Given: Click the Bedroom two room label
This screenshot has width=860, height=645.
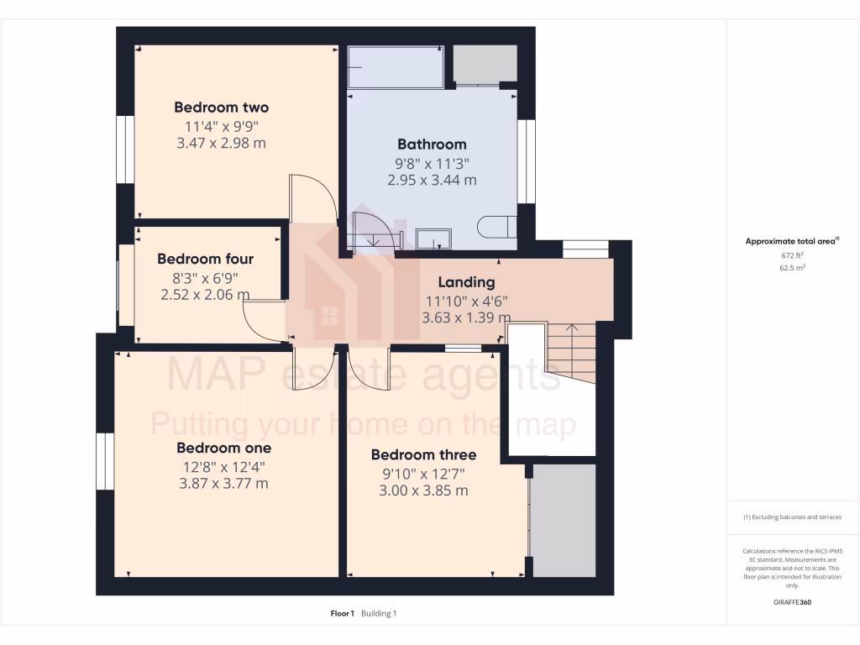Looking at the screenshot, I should click(x=221, y=107).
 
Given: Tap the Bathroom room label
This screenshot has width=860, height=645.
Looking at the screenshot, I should click(x=432, y=144).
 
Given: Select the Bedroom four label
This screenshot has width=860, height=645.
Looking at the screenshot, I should click(x=205, y=259).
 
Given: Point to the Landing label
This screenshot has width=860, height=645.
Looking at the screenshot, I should click(x=466, y=282).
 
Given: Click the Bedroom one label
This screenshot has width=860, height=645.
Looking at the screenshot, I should click(x=223, y=448).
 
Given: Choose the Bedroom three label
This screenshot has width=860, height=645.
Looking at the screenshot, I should click(x=423, y=454).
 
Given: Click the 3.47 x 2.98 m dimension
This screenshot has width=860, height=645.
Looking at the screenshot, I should click(x=221, y=144).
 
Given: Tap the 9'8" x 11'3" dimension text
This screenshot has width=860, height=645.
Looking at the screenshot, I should click(x=432, y=163).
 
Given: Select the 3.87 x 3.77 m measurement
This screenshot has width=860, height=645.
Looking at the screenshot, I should click(x=223, y=483).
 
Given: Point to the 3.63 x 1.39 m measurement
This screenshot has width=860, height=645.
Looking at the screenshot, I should click(x=466, y=317).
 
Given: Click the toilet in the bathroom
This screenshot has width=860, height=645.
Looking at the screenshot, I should click(x=493, y=227).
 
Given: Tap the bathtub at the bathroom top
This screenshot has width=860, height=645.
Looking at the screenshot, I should click(x=396, y=66).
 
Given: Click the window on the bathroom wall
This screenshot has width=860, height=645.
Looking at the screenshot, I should click(x=527, y=161).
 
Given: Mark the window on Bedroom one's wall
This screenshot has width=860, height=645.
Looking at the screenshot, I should click(x=104, y=461).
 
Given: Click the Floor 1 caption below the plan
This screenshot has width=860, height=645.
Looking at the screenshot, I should click(x=343, y=613).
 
